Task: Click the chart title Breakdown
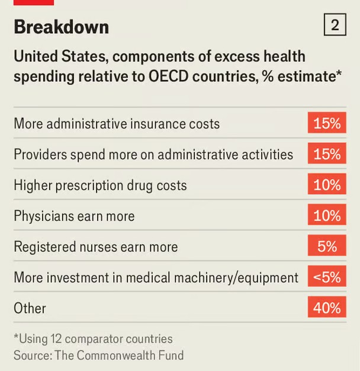click(x=62, y=27)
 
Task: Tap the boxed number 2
click(x=335, y=25)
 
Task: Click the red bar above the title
click(x=34, y=2)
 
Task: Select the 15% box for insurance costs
click(x=327, y=123)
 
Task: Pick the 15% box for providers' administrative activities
click(x=327, y=153)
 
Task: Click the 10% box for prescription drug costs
click(x=327, y=184)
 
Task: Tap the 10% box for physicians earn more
click(x=327, y=215)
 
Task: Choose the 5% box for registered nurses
click(x=327, y=245)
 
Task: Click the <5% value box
click(x=327, y=276)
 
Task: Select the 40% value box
click(x=327, y=307)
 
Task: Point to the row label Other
click(x=30, y=308)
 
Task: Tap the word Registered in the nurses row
click(x=44, y=247)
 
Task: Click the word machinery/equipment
click(x=236, y=277)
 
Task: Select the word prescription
click(x=89, y=185)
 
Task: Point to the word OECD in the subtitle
click(x=169, y=76)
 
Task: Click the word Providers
click(x=40, y=155)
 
